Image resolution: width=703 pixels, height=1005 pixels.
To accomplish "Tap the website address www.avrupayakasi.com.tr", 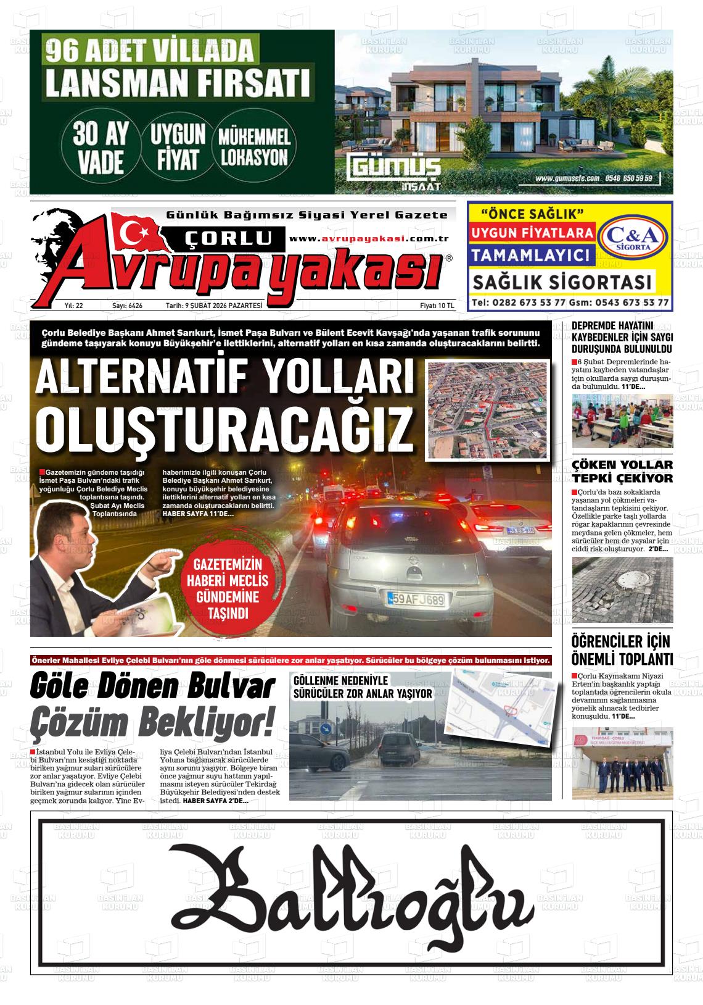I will point(368,239).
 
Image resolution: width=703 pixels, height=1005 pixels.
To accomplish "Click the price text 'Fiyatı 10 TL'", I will point(437,306).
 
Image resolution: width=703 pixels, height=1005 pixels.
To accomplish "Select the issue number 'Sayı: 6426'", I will point(127,306).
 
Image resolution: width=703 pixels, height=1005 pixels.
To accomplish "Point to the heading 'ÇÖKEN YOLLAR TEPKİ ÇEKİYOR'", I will point(622,472).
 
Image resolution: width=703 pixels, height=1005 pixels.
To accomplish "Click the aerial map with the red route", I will point(487,410).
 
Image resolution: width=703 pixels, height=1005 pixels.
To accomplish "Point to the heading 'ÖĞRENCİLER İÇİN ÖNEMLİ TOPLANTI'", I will point(622,649).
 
